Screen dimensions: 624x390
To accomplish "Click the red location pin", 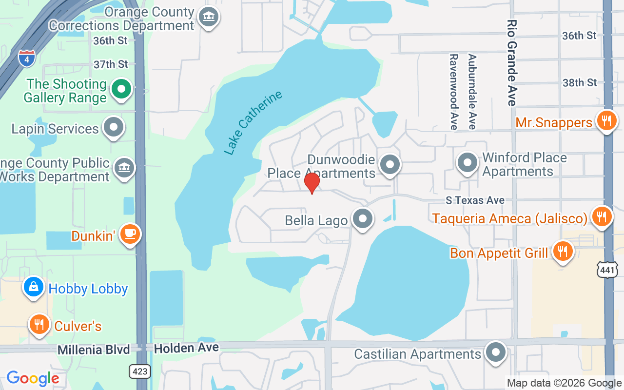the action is pyautogui.click(x=312, y=183).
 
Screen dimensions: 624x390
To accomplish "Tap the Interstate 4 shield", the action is pyautogui.click(x=26, y=58).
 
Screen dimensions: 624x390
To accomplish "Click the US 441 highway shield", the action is pyautogui.click(x=607, y=270).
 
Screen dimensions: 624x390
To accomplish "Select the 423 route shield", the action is pyautogui.click(x=139, y=371).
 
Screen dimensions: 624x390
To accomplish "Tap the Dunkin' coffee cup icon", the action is pyautogui.click(x=130, y=234).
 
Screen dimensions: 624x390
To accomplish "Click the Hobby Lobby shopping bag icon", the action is pyautogui.click(x=34, y=287).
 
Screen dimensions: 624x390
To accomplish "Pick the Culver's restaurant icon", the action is pyautogui.click(x=39, y=324).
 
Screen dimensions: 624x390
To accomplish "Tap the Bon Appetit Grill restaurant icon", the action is pyautogui.click(x=563, y=252).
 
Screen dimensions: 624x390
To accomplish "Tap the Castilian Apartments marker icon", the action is pyautogui.click(x=496, y=352).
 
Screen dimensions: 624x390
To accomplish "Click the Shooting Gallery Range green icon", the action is pyautogui.click(x=121, y=89).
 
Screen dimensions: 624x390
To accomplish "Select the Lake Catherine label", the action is pyautogui.click(x=253, y=122).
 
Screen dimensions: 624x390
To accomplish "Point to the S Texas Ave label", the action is pyautogui.click(x=475, y=200).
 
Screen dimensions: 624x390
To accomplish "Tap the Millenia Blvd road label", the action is pyautogui.click(x=94, y=350).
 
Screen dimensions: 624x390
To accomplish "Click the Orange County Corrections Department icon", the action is pyautogui.click(x=209, y=18).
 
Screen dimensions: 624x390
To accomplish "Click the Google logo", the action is pyautogui.click(x=33, y=378).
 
